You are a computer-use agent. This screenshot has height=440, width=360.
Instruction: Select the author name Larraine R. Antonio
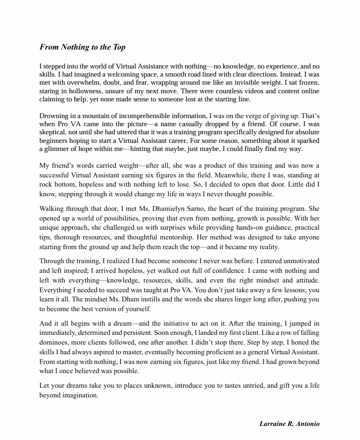coord(290,424)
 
